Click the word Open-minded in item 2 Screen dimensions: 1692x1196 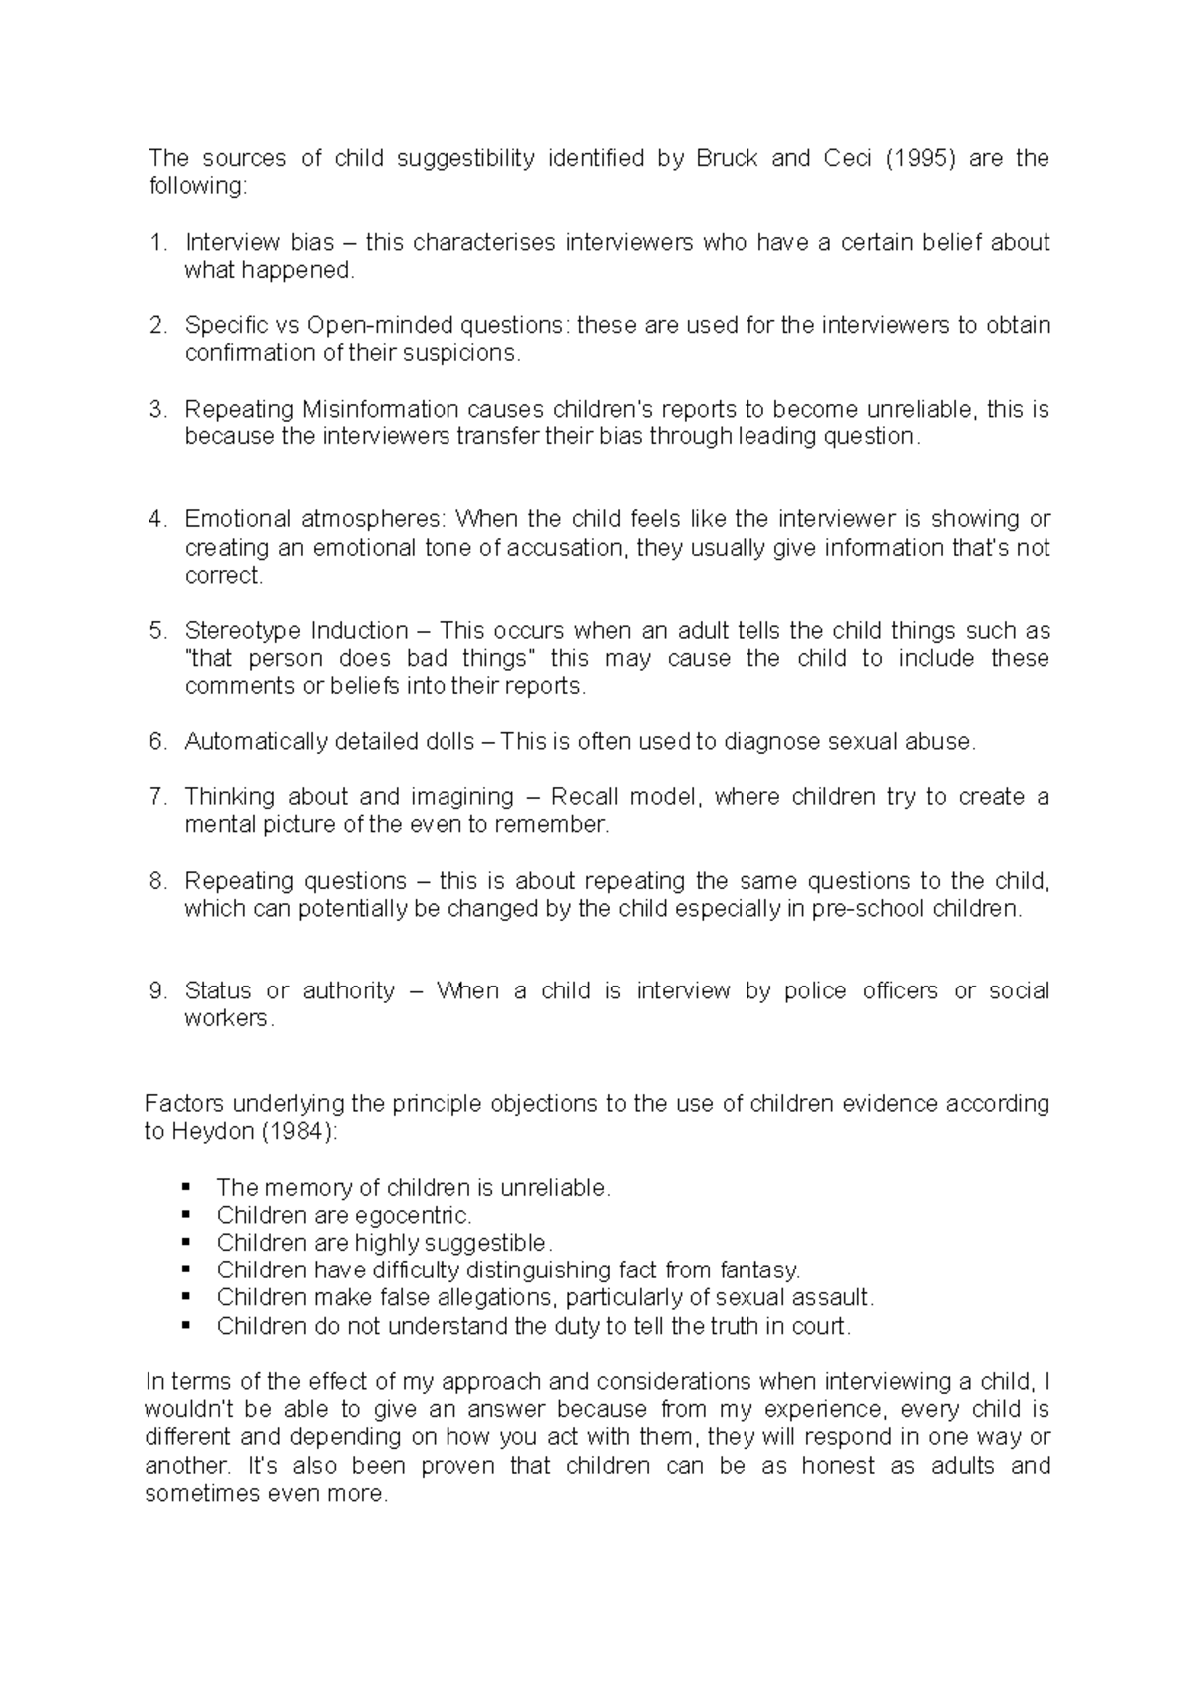(367, 325)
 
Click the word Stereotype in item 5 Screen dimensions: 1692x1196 (243, 631)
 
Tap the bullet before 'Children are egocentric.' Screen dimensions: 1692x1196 (185, 1215)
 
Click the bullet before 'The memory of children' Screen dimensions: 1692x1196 (185, 1187)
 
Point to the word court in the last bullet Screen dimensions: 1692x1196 (825, 1326)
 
